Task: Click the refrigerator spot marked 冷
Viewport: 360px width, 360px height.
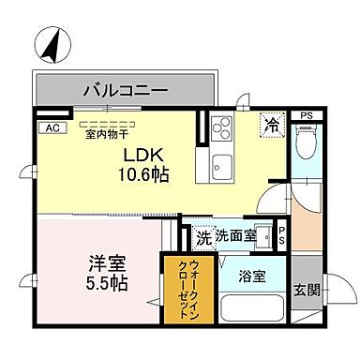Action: pyautogui.click(x=272, y=123)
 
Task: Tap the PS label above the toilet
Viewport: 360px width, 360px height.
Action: pyautogui.click(x=305, y=115)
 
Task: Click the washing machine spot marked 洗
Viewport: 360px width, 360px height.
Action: pyautogui.click(x=202, y=236)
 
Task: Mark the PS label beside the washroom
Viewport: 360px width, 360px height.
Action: pyautogui.click(x=281, y=237)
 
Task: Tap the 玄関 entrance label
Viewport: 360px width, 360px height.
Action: pyautogui.click(x=304, y=289)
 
